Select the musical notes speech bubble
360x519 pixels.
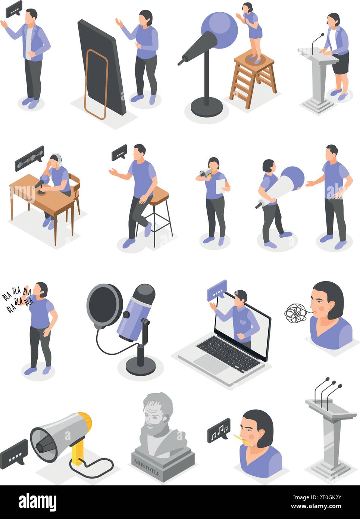[219, 430]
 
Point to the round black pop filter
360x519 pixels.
[104, 305]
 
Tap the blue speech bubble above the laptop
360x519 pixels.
[217, 289]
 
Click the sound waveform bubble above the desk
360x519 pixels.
[29, 158]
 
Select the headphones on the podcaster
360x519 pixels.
[56, 160]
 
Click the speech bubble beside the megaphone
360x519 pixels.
[14, 452]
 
